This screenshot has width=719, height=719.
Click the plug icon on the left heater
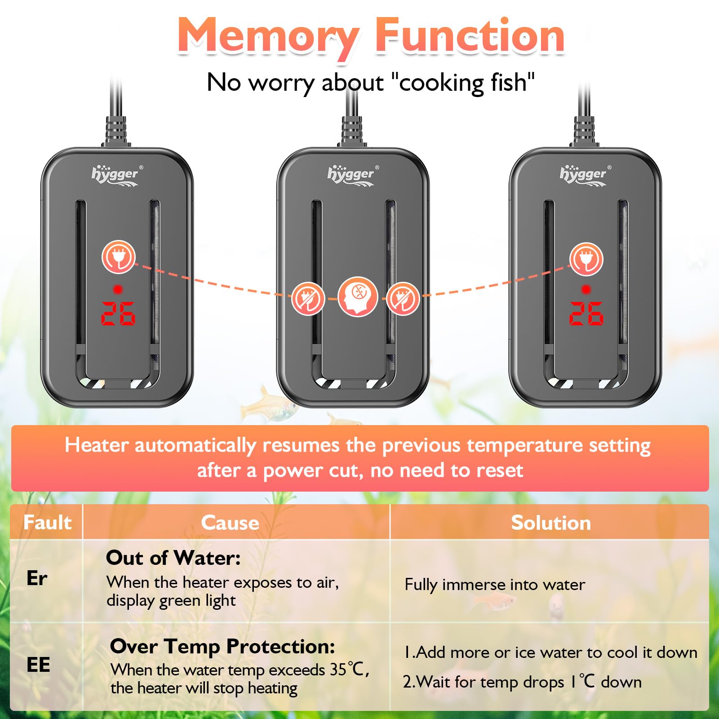coord(118,257)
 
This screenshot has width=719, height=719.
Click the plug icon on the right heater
coord(586,259)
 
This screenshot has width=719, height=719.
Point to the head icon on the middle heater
coord(358,297)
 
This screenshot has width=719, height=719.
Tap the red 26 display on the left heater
coord(118,313)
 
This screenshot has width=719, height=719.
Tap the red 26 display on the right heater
coord(586,313)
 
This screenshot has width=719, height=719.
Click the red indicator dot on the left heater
coord(118,289)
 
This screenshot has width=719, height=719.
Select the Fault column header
coord(47,522)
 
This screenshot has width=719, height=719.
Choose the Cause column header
coord(230,523)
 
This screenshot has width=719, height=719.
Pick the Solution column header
coord(551,523)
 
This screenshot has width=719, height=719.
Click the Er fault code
coord(37,578)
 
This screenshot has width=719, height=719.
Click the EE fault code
coord(38,665)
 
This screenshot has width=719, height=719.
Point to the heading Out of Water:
coord(173,558)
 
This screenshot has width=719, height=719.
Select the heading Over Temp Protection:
coord(222,647)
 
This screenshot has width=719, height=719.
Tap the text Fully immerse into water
coord(495,585)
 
